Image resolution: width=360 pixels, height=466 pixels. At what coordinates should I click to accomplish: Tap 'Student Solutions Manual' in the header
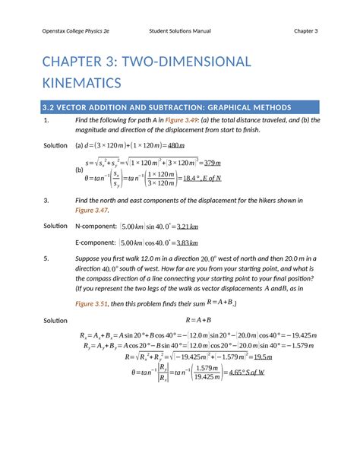(180, 31)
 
